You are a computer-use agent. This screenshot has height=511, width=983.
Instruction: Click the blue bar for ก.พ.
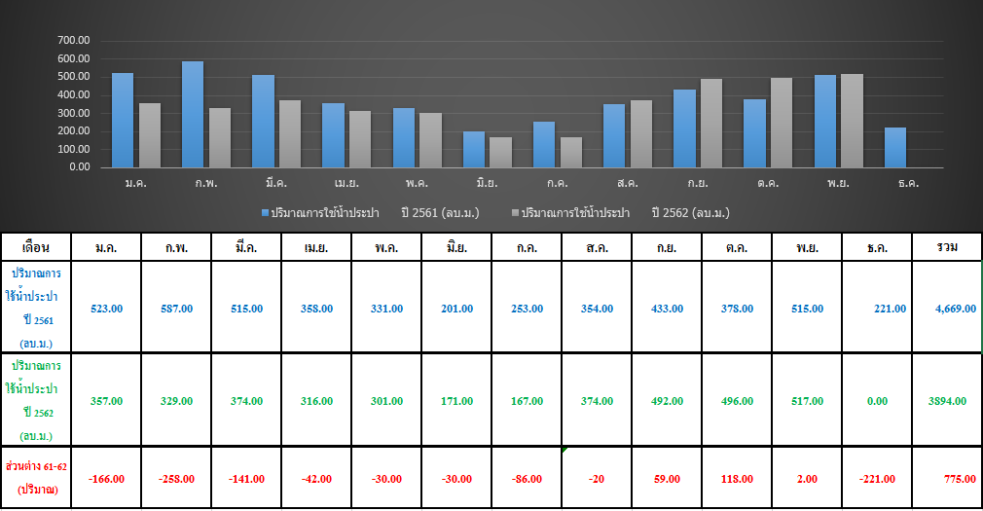point(193,114)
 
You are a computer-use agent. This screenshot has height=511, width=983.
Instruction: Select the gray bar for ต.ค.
point(782,123)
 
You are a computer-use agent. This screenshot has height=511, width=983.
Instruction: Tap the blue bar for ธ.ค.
point(895,147)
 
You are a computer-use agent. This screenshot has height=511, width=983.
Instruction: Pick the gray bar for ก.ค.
point(571,153)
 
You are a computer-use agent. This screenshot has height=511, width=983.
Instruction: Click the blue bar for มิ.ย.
point(474,149)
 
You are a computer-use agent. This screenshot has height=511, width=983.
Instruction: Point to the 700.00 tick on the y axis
point(74,40)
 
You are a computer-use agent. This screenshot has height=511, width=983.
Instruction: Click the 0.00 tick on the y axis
point(80,167)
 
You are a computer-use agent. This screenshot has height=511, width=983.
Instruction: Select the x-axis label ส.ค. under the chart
point(627,183)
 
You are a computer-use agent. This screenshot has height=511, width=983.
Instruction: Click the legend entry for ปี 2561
point(370,213)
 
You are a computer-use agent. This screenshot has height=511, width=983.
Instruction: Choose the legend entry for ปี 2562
point(621,213)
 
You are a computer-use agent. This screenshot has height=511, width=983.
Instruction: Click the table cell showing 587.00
point(177,309)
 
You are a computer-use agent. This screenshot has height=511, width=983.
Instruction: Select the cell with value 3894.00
point(947,401)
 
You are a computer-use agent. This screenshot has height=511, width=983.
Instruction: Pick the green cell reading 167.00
point(527,401)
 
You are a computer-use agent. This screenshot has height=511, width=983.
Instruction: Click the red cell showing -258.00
point(177,479)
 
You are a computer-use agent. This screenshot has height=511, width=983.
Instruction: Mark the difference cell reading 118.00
point(738,479)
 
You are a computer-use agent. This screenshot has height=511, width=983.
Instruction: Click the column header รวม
point(947,247)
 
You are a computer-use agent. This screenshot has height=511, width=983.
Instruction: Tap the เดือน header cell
point(36,247)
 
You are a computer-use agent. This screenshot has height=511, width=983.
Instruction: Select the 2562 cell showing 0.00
point(877,401)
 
